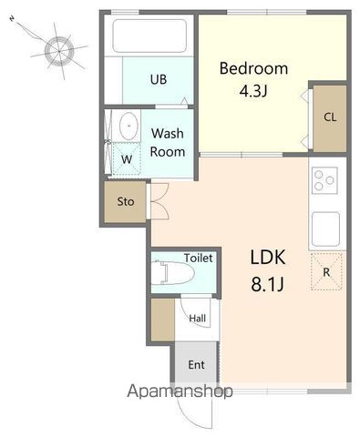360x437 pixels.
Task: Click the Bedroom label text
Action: (x=253, y=68)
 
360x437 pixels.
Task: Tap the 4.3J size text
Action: (x=253, y=90)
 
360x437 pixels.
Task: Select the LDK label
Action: (x=268, y=257)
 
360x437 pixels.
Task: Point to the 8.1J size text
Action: (x=267, y=284)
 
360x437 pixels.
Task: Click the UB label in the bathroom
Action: (x=159, y=79)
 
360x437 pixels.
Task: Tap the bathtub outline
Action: (x=149, y=36)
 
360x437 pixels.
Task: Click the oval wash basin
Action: (x=129, y=126)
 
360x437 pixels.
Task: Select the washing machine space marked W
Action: (x=127, y=158)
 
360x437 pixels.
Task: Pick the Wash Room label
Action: (x=168, y=142)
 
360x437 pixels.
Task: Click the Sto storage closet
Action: (x=126, y=202)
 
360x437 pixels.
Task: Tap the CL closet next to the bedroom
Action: (x=330, y=117)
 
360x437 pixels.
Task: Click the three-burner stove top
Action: (x=324, y=180)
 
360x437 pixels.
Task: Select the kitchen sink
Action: (x=325, y=229)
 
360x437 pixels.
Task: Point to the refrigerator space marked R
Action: (x=326, y=271)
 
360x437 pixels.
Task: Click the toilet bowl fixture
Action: (x=172, y=272)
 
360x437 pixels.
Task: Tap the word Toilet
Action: (x=199, y=259)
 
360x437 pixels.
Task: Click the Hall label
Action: (x=198, y=319)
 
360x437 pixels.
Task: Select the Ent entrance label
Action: (x=196, y=365)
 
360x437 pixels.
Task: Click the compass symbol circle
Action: (x=59, y=51)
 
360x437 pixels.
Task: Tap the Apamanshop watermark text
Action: (x=180, y=391)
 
